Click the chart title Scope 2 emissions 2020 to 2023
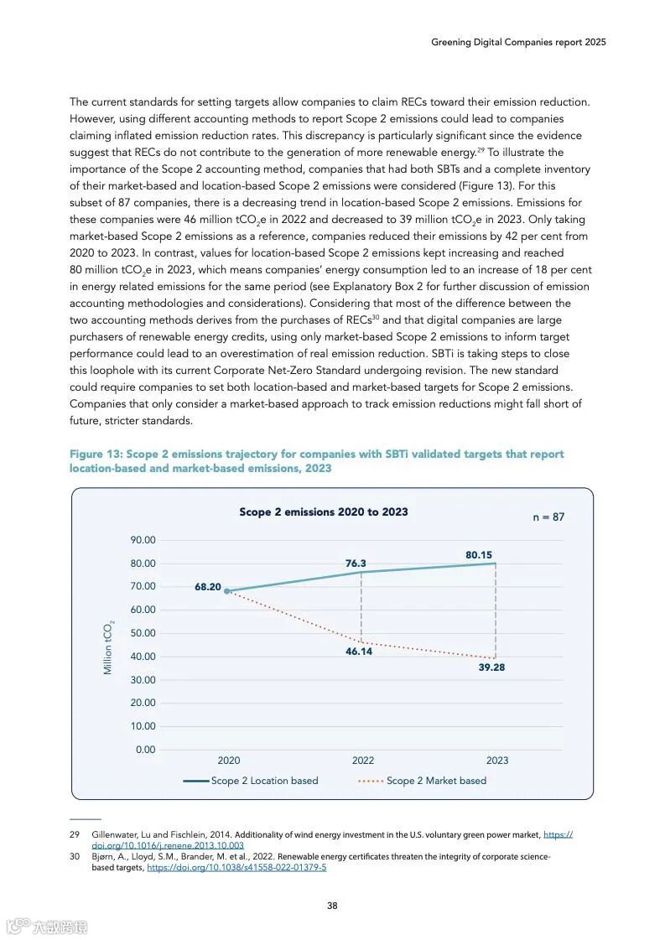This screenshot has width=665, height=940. tap(324, 512)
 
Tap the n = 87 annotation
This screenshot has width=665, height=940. tap(548, 517)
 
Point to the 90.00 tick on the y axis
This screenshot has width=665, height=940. tap(143, 540)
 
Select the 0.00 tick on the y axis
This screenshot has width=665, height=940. tap(145, 750)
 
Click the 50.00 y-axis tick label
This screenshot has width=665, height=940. tap(143, 633)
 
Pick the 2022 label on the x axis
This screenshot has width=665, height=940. tap(362, 761)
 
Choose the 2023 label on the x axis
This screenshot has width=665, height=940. tap(496, 761)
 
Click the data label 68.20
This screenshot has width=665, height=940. tap(207, 587)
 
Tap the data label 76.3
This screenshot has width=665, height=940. tap(356, 563)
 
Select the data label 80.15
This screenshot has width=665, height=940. tap(479, 555)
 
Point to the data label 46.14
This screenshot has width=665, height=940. tap(359, 652)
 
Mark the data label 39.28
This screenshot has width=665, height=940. tap(491, 668)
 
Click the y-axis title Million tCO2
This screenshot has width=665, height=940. tap(108, 648)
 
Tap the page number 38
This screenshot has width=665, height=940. tap(332, 905)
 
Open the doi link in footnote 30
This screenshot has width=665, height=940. tap(236, 868)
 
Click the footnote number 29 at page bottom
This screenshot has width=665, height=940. tap(74, 835)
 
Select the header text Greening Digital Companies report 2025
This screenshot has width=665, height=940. tap(518, 41)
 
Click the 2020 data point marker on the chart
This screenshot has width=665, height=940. tap(226, 591)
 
